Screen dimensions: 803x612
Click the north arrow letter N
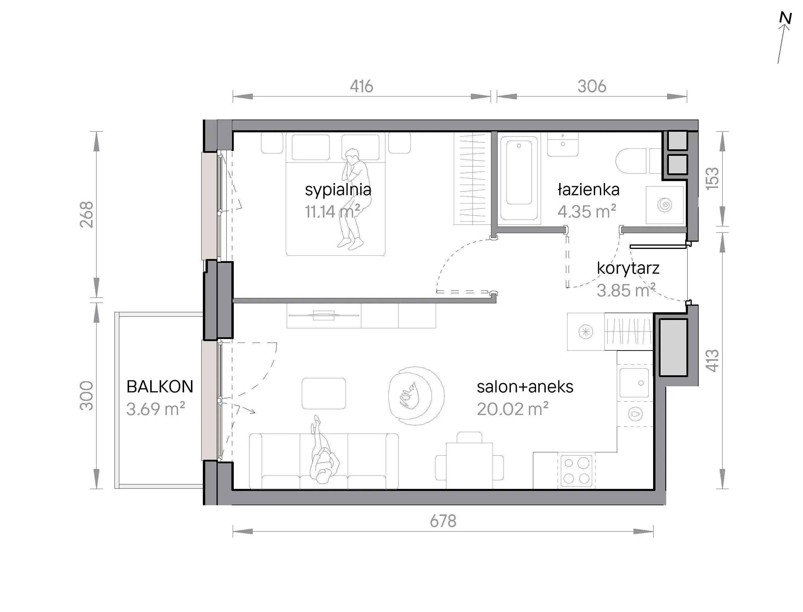coord(785,18)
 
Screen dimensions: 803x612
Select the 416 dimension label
coord(361,86)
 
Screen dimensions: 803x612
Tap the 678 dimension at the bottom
coord(443,521)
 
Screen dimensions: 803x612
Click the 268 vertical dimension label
coord(87,215)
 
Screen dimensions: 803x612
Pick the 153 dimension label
coord(713,178)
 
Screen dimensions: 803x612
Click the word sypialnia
coord(338,190)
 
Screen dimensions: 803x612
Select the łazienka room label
coord(588,190)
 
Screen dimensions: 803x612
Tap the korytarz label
coord(628,269)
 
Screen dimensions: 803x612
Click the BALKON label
coord(160,387)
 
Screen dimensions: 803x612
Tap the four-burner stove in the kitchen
coord(576,471)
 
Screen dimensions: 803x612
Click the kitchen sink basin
coord(634,382)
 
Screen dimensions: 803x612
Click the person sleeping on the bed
coord(353,199)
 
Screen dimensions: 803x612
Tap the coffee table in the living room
coord(324,393)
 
